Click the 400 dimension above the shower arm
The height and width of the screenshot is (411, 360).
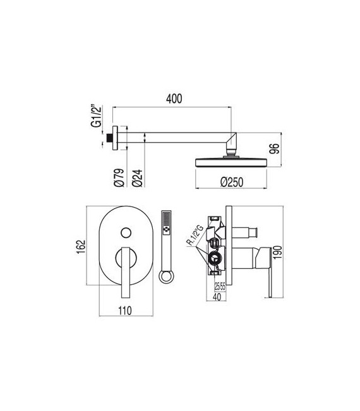175,98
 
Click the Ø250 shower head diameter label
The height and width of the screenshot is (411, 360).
232,182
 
